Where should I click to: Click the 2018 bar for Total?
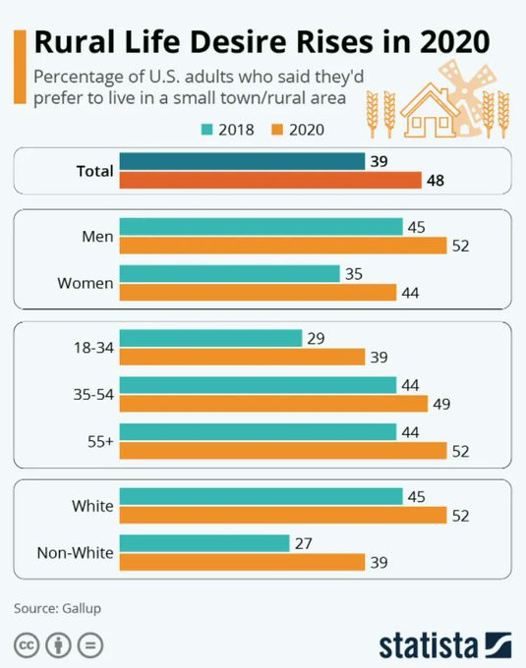(242, 161)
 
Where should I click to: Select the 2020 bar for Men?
(283, 246)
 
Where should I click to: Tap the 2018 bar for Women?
(230, 273)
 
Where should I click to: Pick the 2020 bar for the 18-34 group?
(242, 357)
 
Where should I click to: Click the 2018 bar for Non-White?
(205, 543)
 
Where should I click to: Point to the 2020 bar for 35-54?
(273, 404)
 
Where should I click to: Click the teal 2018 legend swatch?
(206, 129)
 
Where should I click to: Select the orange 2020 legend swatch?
(277, 129)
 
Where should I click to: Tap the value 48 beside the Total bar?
(436, 181)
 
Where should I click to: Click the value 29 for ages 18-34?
(316, 339)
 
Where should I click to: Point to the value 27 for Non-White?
(304, 543)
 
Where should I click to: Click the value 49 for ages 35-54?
(441, 404)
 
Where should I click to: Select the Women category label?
(86, 283)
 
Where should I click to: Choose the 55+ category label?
(100, 442)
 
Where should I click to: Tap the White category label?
(93, 506)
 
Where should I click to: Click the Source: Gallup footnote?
(58, 608)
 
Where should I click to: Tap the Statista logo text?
(429, 645)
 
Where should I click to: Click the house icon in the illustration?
(430, 111)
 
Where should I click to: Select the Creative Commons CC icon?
(27, 645)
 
